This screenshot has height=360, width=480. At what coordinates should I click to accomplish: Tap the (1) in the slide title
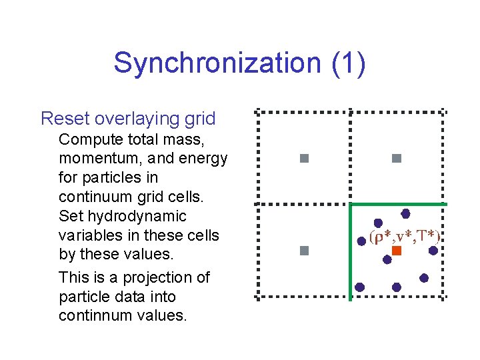coord(348,63)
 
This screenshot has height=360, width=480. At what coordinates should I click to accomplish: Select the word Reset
coord(65,119)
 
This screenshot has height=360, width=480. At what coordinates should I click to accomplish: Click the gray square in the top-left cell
coord(304,159)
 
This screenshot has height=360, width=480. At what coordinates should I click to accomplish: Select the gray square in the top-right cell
coord(396,159)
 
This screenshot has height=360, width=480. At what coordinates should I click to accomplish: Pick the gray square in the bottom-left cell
coord(304,251)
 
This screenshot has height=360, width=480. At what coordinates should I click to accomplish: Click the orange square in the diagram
coord(396,251)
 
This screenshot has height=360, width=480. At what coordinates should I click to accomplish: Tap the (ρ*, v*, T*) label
coord(405,237)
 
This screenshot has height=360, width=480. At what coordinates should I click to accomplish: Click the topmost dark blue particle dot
coord(405,213)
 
